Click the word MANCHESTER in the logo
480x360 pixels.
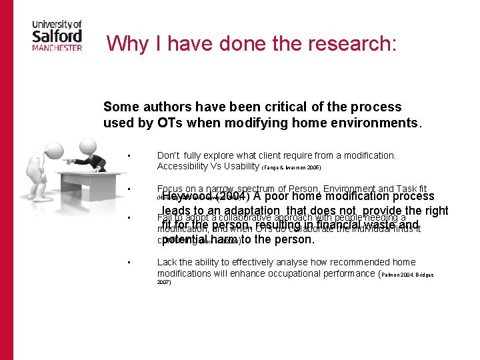[x=57, y=47]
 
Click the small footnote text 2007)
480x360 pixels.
[x=164, y=282]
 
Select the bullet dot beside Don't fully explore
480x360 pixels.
[x=135, y=156]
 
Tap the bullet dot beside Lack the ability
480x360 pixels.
[x=135, y=263]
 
